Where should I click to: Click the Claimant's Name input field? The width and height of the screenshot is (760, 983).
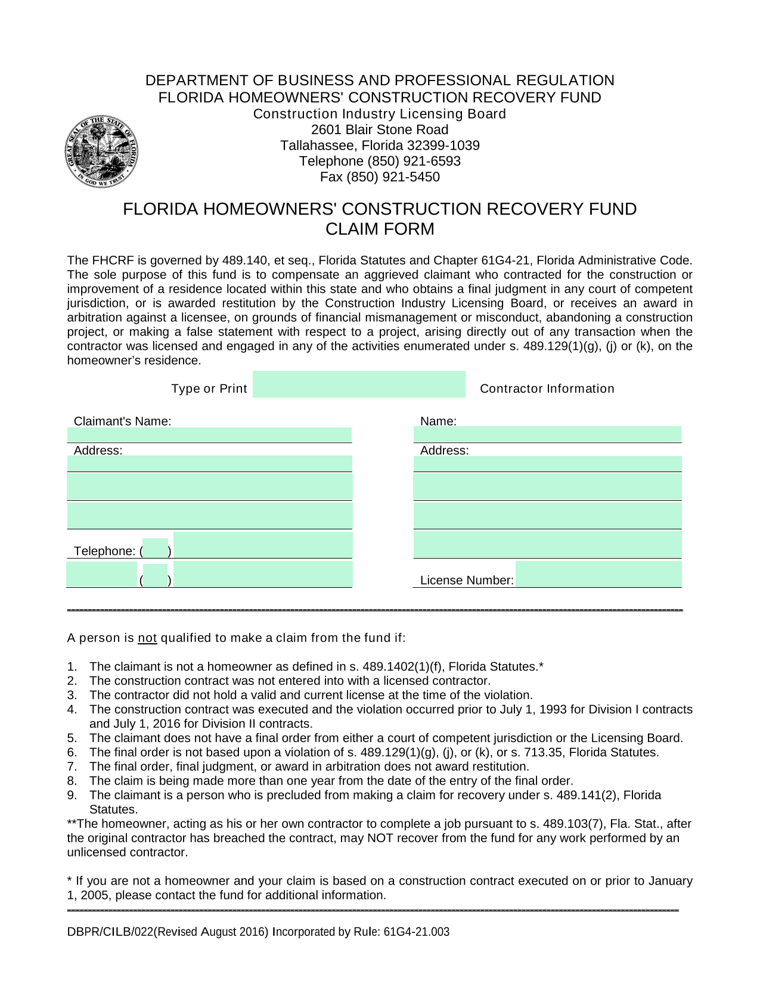tap(209, 435)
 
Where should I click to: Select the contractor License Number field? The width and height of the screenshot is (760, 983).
tap(598, 575)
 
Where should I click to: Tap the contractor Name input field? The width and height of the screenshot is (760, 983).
tap(547, 434)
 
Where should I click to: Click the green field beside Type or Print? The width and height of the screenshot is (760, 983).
tap(359, 384)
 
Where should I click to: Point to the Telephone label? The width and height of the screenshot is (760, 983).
tap(104, 551)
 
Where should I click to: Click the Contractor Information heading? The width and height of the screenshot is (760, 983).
tap(547, 389)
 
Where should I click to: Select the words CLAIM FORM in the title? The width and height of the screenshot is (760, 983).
tap(380, 229)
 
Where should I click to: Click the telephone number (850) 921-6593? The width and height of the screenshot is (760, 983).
tap(414, 162)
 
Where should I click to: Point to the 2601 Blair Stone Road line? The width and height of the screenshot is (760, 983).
tap(380, 130)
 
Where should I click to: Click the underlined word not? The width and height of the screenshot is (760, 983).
tap(147, 638)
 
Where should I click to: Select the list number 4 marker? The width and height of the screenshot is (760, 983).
tap(72, 709)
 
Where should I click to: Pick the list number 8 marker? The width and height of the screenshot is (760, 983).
tap(72, 781)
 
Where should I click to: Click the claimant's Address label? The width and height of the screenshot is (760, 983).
tap(98, 451)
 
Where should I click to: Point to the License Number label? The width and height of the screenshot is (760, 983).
tap(467, 580)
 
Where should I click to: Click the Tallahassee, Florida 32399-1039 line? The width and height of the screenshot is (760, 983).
tap(380, 145)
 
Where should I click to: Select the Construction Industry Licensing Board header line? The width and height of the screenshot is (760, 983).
tap(380, 114)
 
